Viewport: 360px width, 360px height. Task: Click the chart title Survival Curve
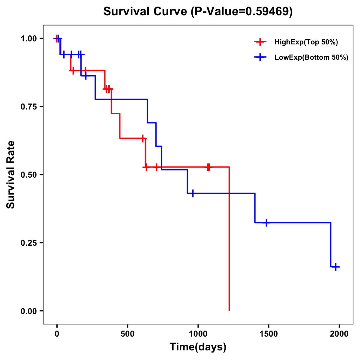point(146,12)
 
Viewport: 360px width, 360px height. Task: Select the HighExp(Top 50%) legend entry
point(306,42)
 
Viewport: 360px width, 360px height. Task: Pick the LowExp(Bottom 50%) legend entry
point(311,57)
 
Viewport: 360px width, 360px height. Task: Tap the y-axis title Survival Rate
point(11,175)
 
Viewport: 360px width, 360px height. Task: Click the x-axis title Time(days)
point(198,347)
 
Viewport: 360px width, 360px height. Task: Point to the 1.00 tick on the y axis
point(28,39)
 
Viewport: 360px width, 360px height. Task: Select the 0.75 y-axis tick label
point(28,107)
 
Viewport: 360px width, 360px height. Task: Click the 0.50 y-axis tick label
point(28,175)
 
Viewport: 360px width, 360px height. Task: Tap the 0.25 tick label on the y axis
point(28,243)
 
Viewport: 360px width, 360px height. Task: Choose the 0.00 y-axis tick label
point(28,311)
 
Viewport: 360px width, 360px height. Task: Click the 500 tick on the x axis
point(127,334)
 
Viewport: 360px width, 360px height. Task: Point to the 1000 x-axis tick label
point(198,334)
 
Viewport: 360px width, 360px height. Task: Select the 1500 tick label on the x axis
point(268,334)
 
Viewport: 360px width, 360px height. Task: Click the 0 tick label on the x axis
point(57,334)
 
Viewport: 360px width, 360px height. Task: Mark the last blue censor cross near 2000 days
point(336,267)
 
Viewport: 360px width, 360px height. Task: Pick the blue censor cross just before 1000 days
point(193,193)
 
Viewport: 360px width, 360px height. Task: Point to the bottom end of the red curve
point(229,310)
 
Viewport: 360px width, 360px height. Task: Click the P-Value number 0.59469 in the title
point(268,12)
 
